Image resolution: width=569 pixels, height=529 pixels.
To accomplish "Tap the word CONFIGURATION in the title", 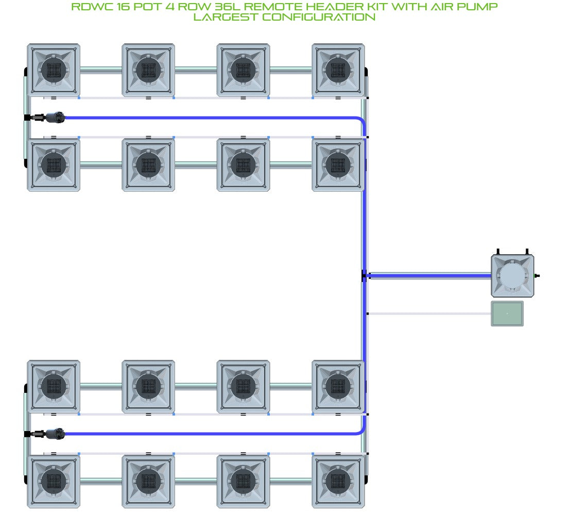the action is point(319,17).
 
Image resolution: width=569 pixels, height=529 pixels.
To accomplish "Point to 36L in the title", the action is point(227,7).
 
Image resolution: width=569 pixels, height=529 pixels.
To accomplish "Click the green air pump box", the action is point(507,313).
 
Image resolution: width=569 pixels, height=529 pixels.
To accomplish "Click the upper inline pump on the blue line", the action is point(55,118).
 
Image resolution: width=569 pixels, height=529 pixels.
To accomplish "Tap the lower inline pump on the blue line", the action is point(55,434).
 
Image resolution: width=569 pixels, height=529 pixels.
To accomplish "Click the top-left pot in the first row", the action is point(54,70).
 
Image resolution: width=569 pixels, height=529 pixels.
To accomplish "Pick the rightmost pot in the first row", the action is point(338,70).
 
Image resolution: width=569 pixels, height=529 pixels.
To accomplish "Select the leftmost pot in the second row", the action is point(54,165).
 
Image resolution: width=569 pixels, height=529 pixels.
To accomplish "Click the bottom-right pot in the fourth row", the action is point(338,482).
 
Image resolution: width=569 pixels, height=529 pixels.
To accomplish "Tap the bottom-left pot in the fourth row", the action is point(54,482).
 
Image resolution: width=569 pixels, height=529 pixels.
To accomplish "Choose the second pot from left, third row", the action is point(148,387).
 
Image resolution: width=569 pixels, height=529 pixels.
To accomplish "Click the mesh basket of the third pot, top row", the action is point(243,70).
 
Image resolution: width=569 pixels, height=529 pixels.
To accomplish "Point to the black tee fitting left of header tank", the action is point(365,276).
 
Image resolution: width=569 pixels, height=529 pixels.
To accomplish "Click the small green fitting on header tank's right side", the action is point(537,276).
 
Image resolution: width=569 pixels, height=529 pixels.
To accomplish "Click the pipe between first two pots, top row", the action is point(101,70).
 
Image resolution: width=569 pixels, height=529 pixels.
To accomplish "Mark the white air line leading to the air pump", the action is point(429,313).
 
